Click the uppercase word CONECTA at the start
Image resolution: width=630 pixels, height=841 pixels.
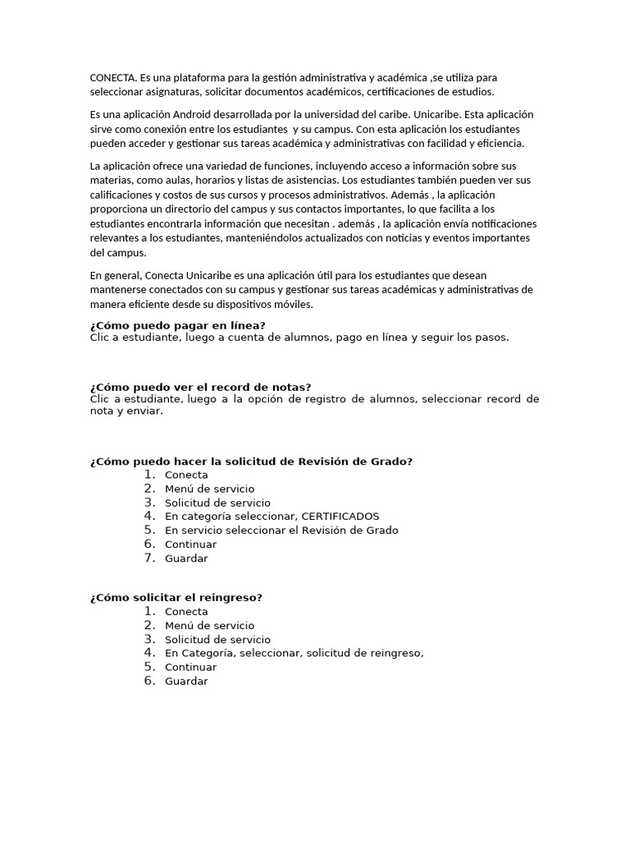113,77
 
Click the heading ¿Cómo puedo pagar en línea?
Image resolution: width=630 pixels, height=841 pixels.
178,325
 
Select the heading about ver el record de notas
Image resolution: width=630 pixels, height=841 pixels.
200,387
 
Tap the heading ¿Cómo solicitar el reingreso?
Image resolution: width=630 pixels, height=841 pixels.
176,597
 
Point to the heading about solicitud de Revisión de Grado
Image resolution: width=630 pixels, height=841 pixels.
251,462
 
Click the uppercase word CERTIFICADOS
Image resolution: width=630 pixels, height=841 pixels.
340,517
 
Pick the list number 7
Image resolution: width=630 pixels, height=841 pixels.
149,558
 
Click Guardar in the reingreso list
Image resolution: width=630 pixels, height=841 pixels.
186,681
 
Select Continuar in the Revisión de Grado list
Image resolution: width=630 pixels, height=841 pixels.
190,545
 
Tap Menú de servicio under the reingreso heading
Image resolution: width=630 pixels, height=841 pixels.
209,625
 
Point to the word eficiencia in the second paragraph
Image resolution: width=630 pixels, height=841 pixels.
500,144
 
